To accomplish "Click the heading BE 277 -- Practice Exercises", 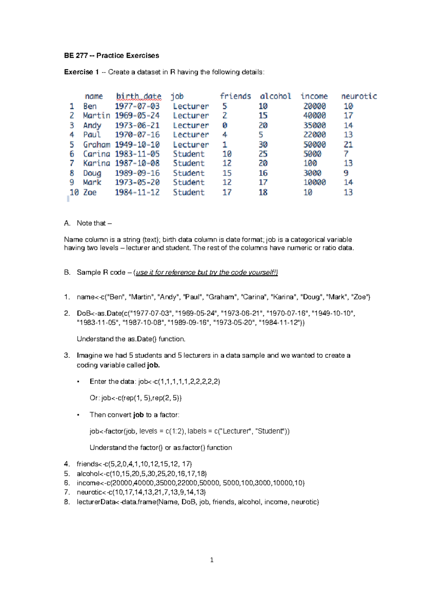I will [x=111, y=55].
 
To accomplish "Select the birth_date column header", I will [x=139, y=96].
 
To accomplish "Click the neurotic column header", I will [x=359, y=96].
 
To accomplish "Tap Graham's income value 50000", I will [x=314, y=144].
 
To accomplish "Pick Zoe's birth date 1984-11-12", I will [x=137, y=192].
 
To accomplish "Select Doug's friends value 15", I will [x=227, y=173].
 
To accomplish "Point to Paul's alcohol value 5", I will [x=261, y=135].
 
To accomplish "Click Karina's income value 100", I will [x=310, y=163].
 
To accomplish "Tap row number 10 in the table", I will [x=74, y=192].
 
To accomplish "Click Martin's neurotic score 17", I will [x=348, y=115].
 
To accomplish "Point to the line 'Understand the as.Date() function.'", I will [x=131, y=339].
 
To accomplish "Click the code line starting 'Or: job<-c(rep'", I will [x=136, y=398].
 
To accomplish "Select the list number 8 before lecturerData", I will [x=67, y=502].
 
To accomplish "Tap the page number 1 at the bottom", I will [x=212, y=560].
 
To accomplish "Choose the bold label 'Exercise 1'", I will [x=81, y=72].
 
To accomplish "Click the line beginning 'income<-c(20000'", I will [x=190, y=483].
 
